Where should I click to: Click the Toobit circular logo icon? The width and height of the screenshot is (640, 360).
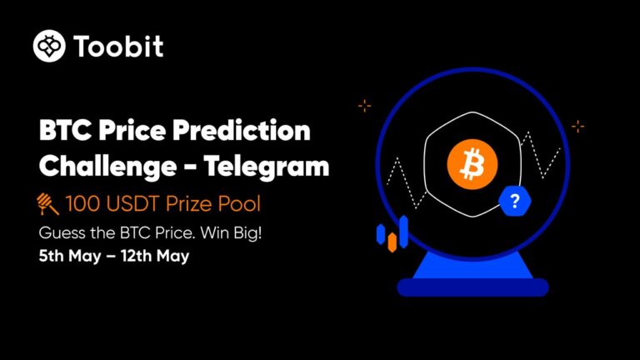tap(49, 46)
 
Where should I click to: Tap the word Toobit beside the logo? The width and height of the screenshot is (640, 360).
tap(119, 46)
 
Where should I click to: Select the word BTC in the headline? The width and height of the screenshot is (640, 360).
tap(66, 131)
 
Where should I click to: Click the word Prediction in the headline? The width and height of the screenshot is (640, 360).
tap(241, 131)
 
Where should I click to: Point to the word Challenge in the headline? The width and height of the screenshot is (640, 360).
tap(107, 167)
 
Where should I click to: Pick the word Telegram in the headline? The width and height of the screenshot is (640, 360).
tap(266, 167)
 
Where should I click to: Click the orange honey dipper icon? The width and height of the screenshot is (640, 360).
tap(47, 203)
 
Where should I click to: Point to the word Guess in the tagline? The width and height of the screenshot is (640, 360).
tap(57, 233)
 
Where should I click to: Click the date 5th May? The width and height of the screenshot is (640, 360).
tap(70, 257)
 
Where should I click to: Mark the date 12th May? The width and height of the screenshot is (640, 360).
tap(155, 257)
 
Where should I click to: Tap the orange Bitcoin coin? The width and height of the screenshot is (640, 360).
tap(472, 164)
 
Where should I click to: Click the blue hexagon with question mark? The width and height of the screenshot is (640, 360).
tap(515, 201)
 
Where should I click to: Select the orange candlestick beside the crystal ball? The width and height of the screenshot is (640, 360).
tap(392, 242)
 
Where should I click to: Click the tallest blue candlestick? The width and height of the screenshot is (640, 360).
tap(403, 232)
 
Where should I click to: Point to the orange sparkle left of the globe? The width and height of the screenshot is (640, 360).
tap(364, 106)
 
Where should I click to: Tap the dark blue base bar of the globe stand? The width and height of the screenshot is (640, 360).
tap(472, 287)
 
